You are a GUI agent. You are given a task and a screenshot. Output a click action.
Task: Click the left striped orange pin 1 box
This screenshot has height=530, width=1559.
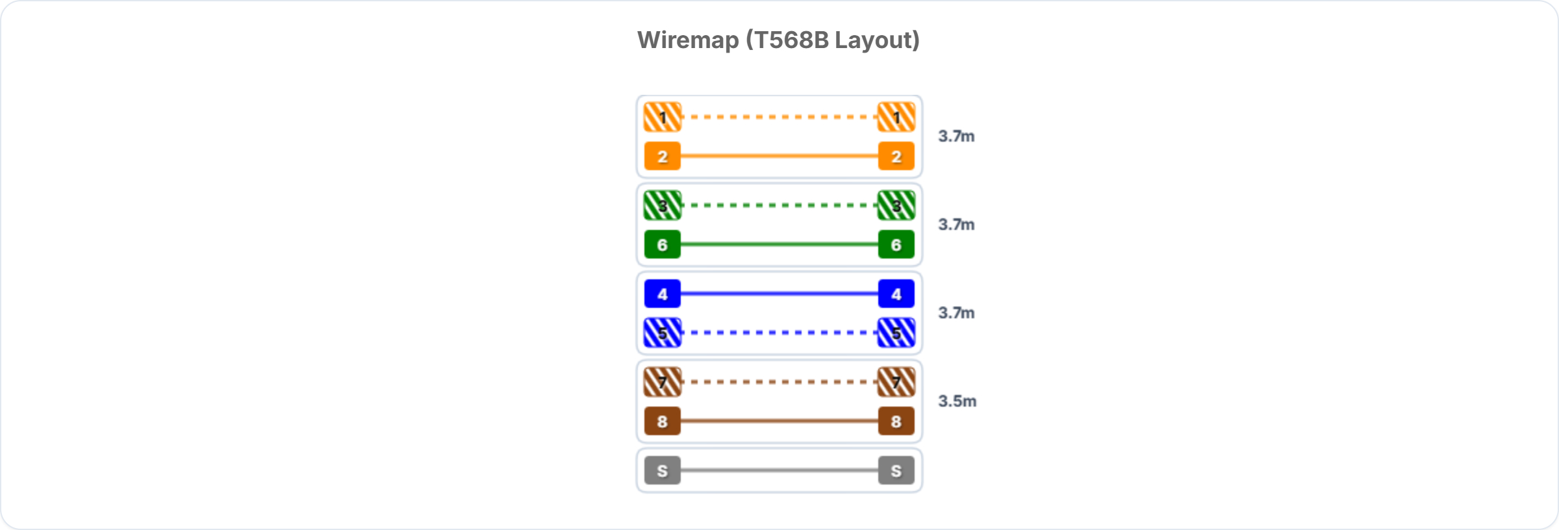pyautogui.click(x=663, y=117)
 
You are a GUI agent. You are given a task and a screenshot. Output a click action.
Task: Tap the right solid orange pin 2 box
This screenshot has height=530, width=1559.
pyautogui.click(x=896, y=156)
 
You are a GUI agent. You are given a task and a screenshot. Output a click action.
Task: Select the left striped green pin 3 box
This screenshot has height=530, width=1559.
pyautogui.click(x=663, y=205)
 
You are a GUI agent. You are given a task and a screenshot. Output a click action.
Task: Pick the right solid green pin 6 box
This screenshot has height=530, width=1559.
pyautogui.click(x=896, y=244)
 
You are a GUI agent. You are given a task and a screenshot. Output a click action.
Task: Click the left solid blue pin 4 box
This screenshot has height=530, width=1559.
pyautogui.click(x=663, y=294)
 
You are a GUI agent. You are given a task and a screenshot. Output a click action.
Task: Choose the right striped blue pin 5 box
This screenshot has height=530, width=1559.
pyautogui.click(x=896, y=333)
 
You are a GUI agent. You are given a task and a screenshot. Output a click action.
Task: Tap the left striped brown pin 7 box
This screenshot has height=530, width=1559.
pyautogui.click(x=663, y=382)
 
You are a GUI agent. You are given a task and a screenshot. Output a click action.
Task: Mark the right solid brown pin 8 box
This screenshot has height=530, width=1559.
pyautogui.click(x=896, y=421)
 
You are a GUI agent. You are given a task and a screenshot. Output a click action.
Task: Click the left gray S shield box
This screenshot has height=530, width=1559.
pyautogui.click(x=663, y=470)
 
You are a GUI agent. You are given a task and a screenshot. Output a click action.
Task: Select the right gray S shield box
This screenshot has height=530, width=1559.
pyautogui.click(x=896, y=470)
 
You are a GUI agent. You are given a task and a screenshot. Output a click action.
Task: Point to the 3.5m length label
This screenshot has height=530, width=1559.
pyautogui.click(x=957, y=401)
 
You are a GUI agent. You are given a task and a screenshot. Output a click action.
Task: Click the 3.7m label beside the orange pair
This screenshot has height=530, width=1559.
pyautogui.click(x=956, y=136)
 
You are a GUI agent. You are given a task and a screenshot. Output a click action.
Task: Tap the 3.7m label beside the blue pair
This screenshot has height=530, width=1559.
pyautogui.click(x=956, y=312)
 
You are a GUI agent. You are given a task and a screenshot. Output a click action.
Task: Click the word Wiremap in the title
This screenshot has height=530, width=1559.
pyautogui.click(x=688, y=40)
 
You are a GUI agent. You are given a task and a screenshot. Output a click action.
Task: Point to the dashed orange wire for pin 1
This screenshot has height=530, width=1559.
pyautogui.click(x=779, y=117)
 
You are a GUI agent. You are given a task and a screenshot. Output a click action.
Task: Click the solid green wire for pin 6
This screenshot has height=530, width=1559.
pyautogui.click(x=779, y=244)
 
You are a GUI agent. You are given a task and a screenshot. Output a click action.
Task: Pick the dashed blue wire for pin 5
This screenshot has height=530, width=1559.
pyautogui.click(x=779, y=333)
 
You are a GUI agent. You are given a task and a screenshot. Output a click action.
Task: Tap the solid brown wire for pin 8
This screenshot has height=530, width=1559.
pyautogui.click(x=779, y=421)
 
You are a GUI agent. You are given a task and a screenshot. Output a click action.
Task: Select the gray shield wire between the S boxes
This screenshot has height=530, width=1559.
pyautogui.click(x=779, y=470)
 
